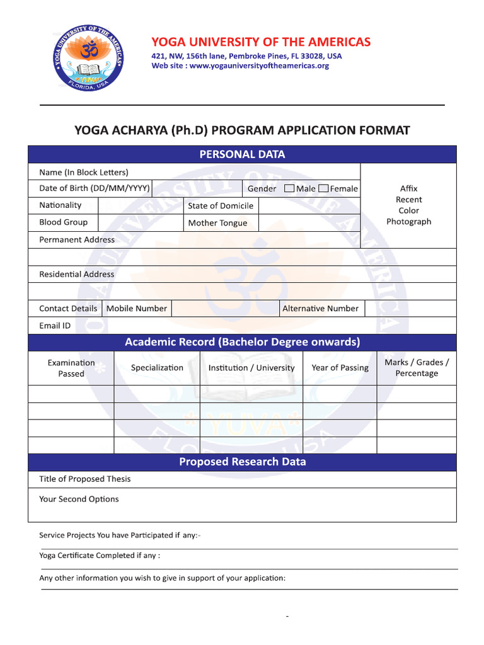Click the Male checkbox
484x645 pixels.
coord(289,188)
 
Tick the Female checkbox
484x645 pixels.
coord(323,188)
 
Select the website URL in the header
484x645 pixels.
coord(258,66)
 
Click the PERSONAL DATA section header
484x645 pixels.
coord(242,154)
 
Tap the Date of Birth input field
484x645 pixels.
coord(197,188)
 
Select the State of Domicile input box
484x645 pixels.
coord(309,205)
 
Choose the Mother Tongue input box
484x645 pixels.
coord(309,222)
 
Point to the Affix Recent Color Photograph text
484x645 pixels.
coord(408,205)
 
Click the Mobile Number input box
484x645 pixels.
coord(225,308)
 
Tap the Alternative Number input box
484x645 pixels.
coord(410,308)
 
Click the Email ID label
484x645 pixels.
coord(55,326)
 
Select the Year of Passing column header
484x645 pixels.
coord(340,368)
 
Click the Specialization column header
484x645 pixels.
coord(157,368)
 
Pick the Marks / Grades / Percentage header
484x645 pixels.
coord(417,368)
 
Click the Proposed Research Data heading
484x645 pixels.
coord(242,462)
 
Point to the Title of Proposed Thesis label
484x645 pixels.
coord(85,479)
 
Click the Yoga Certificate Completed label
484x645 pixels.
coord(100,556)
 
